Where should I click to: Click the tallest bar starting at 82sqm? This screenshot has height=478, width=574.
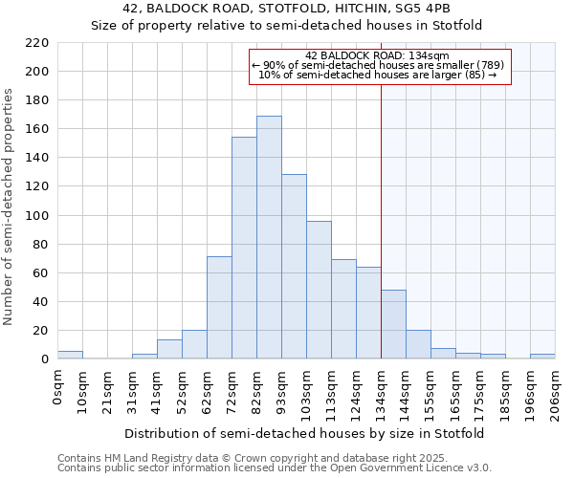[269, 238]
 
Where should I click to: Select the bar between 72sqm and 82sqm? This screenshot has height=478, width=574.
[244, 249]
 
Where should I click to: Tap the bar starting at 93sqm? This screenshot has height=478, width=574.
[294, 267]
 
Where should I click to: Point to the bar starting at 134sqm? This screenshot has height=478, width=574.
[393, 325]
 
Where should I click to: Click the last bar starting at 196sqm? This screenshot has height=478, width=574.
[542, 357]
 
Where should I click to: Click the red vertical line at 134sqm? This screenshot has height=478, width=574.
[381, 191]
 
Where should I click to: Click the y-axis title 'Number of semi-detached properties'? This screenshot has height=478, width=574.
[10, 206]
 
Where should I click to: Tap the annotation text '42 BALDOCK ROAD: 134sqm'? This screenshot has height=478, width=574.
[380, 55]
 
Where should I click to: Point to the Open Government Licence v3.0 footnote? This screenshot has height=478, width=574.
[275, 467]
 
